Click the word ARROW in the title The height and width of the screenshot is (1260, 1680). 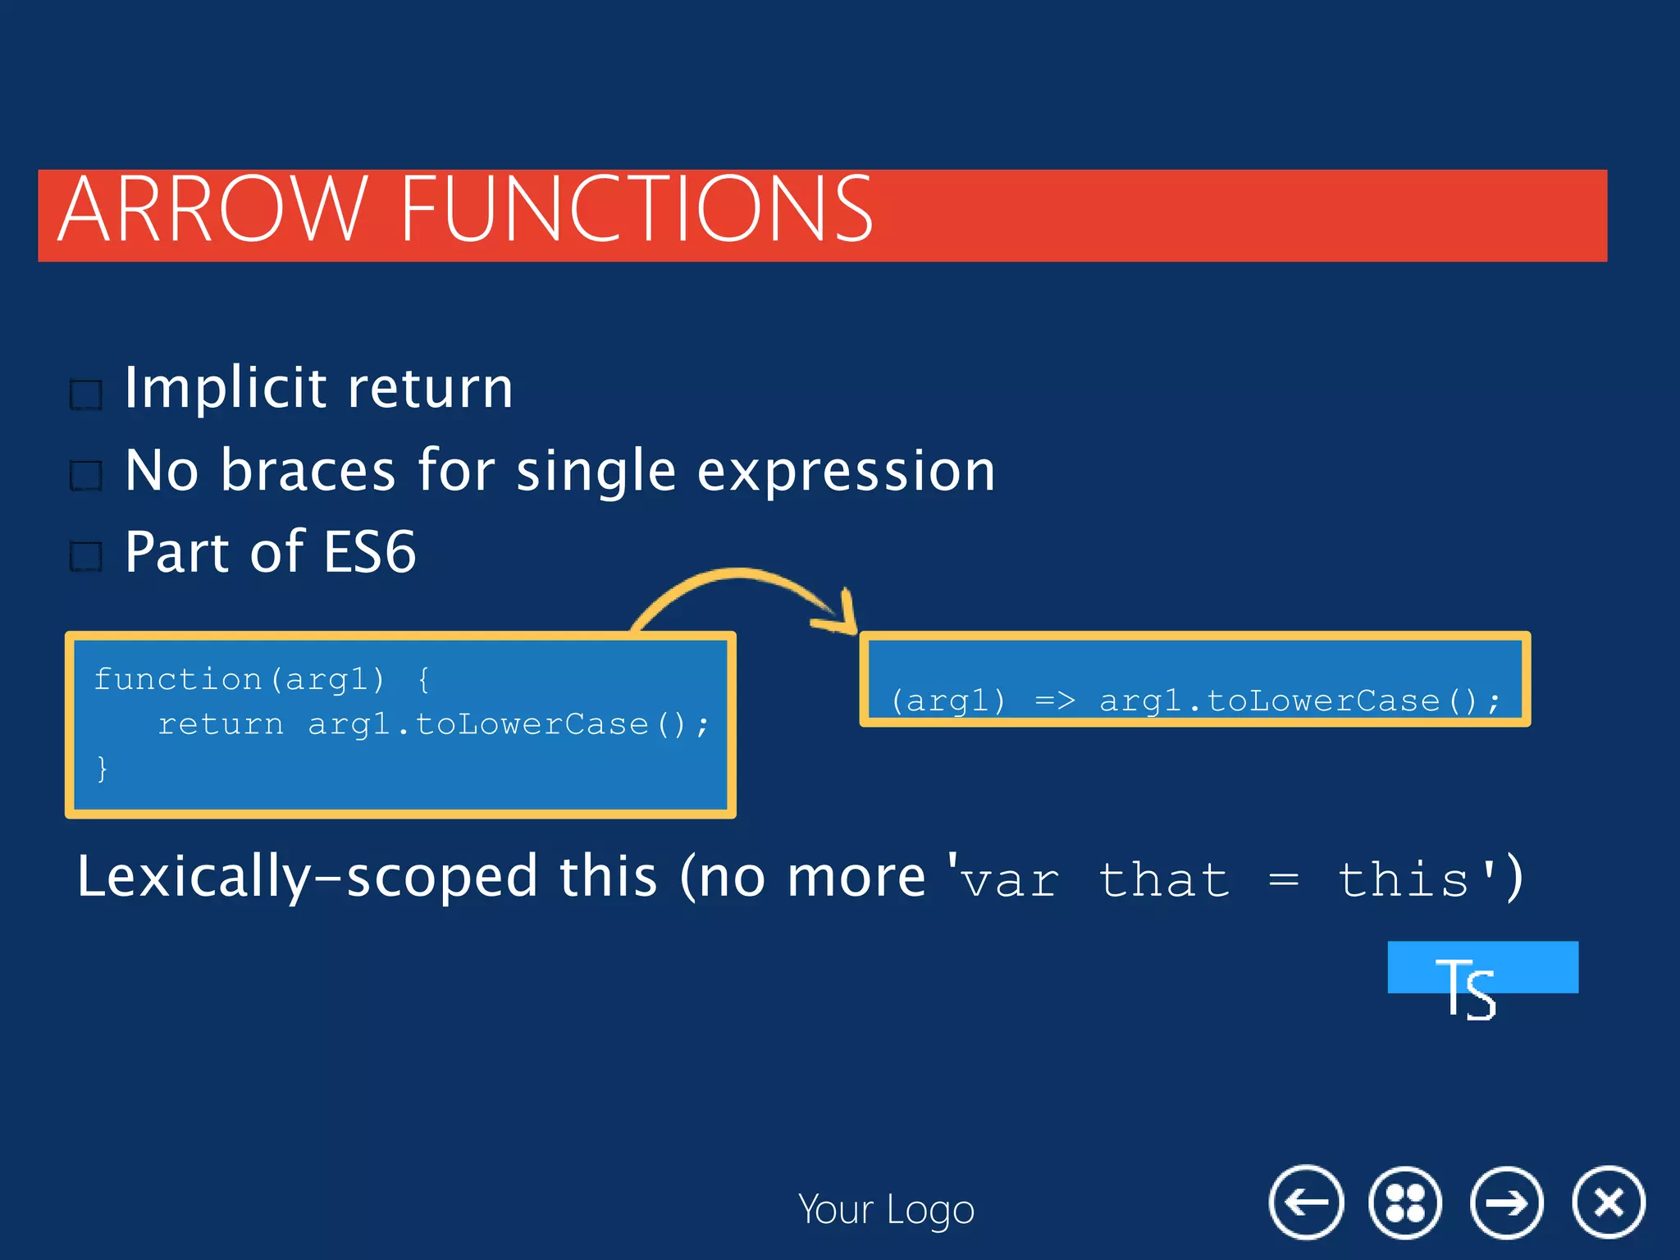[212, 210]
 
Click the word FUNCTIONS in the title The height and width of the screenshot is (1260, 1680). [637, 210]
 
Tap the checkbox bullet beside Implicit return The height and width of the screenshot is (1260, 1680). [86, 395]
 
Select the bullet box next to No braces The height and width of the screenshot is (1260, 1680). [86, 475]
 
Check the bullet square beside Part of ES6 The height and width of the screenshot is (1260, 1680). [86, 556]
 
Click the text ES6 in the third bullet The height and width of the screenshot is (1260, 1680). [369, 552]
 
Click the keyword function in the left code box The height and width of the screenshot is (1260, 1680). [177, 679]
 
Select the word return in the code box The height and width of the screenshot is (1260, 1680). [220, 724]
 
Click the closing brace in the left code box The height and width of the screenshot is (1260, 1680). [102, 769]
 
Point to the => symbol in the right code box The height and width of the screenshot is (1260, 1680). [1054, 701]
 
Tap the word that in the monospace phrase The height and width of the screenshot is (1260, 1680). [1163, 880]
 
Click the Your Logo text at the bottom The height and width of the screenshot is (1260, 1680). [886, 1210]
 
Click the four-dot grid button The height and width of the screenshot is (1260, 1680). [1405, 1203]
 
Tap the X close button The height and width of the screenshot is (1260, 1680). [1609, 1203]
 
